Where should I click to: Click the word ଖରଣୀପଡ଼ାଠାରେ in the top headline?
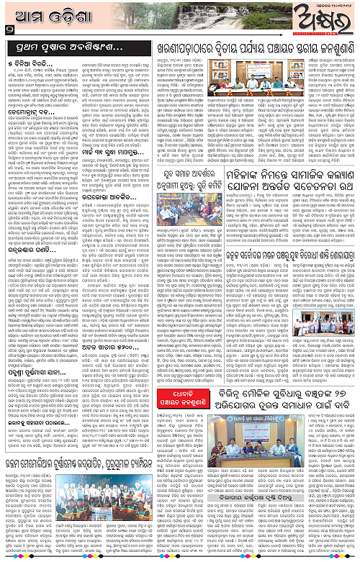point(163,49)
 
